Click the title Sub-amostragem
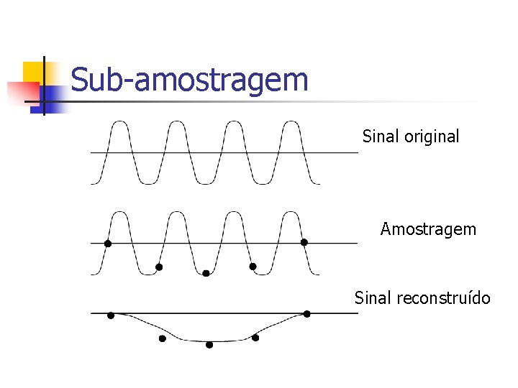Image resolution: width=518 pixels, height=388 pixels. coord(189,80)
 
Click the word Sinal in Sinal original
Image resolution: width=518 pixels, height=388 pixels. coord(378,136)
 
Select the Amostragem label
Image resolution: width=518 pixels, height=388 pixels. coord(428,229)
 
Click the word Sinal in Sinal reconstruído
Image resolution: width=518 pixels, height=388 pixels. coord(372,297)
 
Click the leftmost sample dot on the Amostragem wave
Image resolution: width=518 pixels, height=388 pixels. coord(108,244)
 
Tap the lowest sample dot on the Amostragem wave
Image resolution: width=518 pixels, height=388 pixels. coord(206,273)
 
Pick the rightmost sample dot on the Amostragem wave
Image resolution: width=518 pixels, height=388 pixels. coord(304,242)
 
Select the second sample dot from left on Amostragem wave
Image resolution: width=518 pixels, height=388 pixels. coord(159,267)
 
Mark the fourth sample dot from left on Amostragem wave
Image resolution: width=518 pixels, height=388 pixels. coord(253,267)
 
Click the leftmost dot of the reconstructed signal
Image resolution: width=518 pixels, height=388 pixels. coord(111,315)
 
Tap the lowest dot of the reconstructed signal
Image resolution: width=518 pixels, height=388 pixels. coord(209,345)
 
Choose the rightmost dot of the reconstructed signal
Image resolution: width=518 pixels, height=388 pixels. coord(306,313)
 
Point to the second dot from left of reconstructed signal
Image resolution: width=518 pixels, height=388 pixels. coord(162,338)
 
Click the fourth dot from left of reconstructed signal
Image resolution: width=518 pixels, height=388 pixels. coord(255,337)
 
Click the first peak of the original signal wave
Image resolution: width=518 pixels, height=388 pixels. coord(119,123)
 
